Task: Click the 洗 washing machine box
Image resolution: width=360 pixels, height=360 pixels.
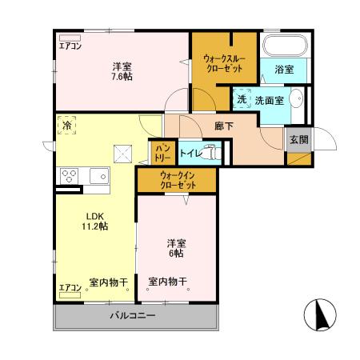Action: pyautogui.click(x=242, y=100)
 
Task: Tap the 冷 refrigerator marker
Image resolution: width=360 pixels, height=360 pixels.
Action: pyautogui.click(x=68, y=126)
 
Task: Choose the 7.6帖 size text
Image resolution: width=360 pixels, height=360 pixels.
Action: pyautogui.click(x=122, y=76)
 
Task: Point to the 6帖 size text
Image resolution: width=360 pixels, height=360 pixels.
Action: pyautogui.click(x=176, y=254)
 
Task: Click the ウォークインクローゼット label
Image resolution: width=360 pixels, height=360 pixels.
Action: pyautogui.click(x=177, y=180)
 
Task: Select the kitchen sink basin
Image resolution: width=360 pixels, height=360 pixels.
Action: pyautogui.click(x=99, y=177)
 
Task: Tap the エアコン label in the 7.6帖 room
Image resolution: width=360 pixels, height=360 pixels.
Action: pyautogui.click(x=70, y=46)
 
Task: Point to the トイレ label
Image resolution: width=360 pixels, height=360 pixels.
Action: pyautogui.click(x=190, y=150)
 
